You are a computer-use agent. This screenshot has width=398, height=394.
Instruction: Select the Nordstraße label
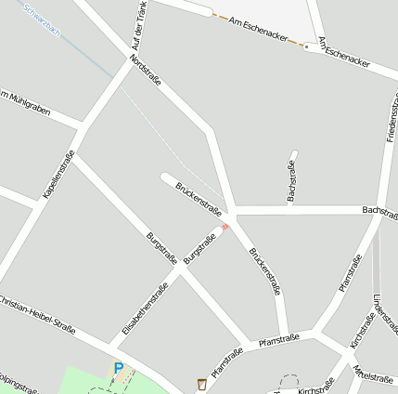click(146, 70)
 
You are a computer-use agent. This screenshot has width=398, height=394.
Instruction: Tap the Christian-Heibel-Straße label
click(37, 314)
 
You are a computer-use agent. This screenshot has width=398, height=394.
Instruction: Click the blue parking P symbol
click(118, 369)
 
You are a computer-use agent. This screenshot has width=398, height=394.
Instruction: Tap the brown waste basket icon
click(201, 383)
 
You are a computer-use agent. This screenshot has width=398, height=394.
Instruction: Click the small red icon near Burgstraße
click(225, 227)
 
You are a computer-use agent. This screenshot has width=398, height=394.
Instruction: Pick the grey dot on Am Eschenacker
click(306, 46)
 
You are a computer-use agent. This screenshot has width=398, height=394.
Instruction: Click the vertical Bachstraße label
click(290, 180)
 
